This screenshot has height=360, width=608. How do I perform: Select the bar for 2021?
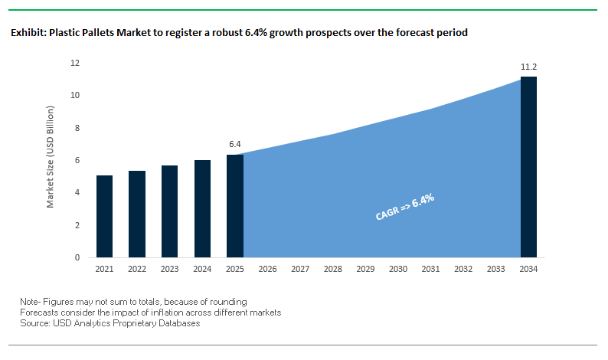(105, 217)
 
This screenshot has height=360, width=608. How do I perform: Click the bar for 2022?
(137, 214)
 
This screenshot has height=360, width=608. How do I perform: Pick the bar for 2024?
(202, 209)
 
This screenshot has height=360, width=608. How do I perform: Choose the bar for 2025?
(234, 206)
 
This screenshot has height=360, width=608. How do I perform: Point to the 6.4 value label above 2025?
(235, 144)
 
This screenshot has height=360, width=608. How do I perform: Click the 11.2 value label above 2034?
(528, 67)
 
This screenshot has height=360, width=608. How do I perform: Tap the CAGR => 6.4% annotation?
(405, 207)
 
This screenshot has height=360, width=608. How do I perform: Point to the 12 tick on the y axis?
(75, 63)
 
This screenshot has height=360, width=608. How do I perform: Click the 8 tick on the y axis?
(77, 128)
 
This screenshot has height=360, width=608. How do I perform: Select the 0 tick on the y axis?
(77, 258)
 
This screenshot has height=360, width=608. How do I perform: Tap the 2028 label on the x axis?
(332, 270)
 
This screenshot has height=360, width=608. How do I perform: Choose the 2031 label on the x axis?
(430, 270)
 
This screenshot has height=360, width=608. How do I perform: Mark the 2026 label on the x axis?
(267, 270)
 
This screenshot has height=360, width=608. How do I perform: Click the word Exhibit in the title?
(28, 34)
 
